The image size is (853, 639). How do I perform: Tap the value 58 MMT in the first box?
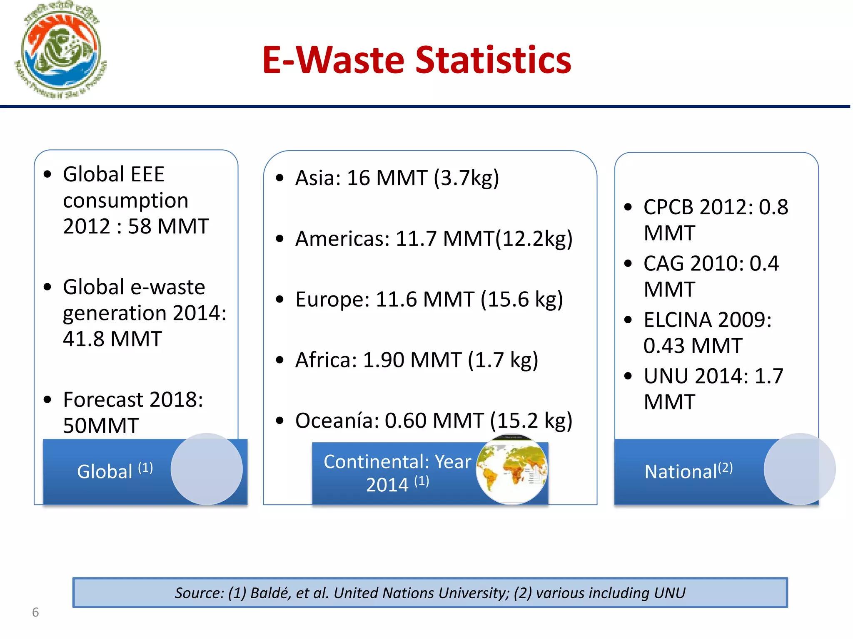tap(168, 227)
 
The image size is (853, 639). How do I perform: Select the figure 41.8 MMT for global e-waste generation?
tap(112, 339)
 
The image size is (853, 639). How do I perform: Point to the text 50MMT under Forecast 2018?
tap(101, 426)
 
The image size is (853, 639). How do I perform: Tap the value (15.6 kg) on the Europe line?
tap(521, 300)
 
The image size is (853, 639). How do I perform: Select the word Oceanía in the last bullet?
tap(337, 421)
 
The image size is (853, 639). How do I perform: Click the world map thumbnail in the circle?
tap(511, 469)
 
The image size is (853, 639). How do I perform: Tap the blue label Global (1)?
tap(115, 471)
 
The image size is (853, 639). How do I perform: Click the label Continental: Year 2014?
tap(397, 473)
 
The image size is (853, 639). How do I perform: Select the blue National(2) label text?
tap(688, 471)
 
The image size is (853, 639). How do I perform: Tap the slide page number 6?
tap(35, 612)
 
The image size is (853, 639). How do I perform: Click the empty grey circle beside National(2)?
tap(799, 469)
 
